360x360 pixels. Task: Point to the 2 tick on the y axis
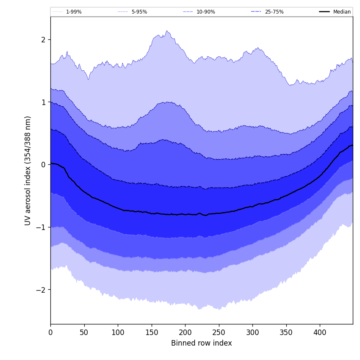(x=43, y=39)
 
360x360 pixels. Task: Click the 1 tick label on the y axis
(x=43, y=102)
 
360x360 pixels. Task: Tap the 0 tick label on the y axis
(x=43, y=164)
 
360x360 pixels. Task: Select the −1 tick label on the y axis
(x=41, y=227)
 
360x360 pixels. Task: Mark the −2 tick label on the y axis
(x=41, y=290)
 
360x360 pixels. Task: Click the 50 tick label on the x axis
(x=84, y=332)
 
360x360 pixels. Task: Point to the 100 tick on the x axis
(x=118, y=332)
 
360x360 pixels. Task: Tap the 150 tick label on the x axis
(x=152, y=332)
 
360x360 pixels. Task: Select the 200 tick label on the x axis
(x=185, y=332)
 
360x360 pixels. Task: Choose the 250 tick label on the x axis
(x=219, y=332)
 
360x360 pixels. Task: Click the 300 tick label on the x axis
(x=252, y=332)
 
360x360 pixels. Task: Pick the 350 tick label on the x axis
(x=286, y=332)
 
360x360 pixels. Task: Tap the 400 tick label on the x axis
(x=320, y=332)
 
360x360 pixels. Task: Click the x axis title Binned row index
(x=202, y=343)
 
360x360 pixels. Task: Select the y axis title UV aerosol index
(x=28, y=170)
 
